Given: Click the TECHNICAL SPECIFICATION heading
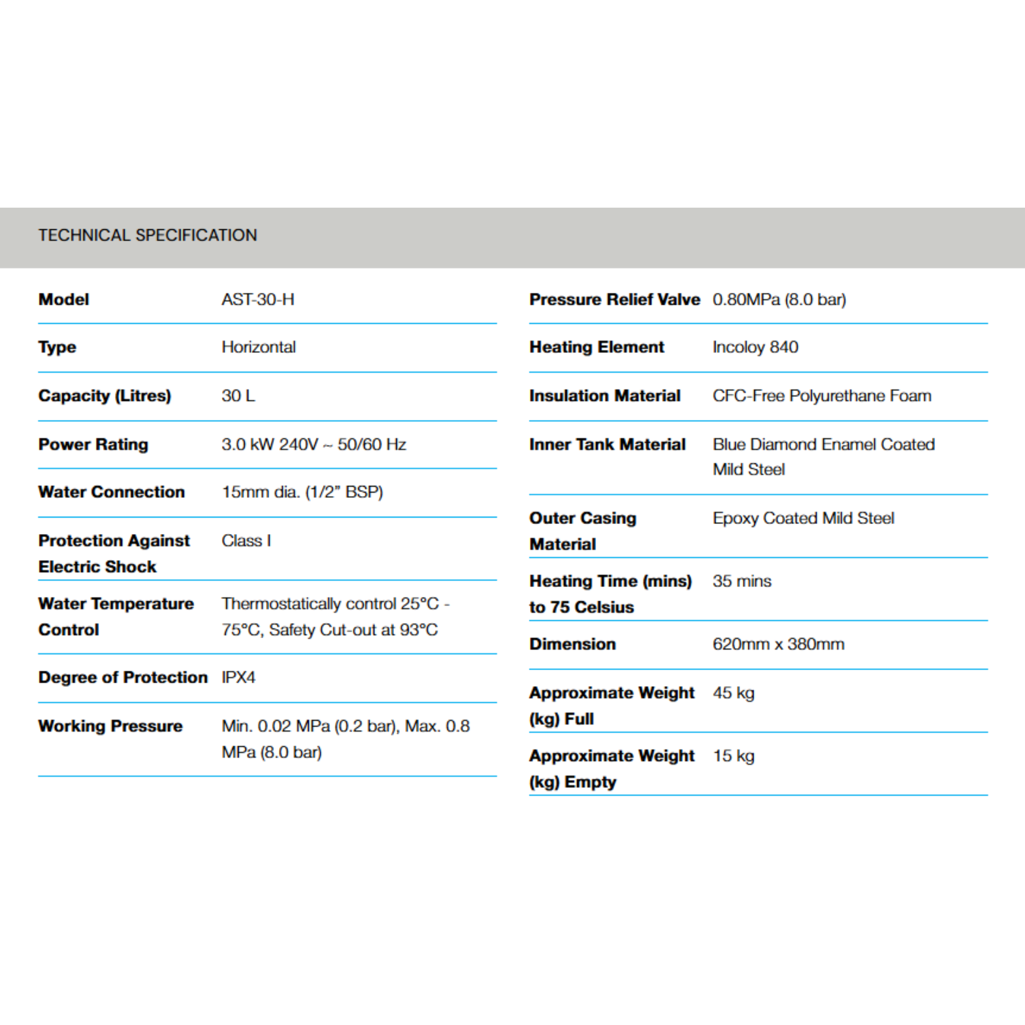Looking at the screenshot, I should (148, 235).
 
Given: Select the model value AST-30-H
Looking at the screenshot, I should (258, 300).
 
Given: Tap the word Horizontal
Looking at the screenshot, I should (258, 347).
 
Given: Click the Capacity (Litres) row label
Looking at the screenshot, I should (105, 396).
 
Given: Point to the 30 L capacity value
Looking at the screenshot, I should (238, 396).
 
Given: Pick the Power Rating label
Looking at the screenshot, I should (94, 444).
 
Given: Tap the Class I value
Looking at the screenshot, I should (246, 541).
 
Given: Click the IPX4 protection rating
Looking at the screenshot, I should (238, 678).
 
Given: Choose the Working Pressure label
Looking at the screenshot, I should (110, 726).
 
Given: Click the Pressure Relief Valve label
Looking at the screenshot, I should (615, 300).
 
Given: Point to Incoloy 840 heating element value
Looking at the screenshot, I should (755, 347).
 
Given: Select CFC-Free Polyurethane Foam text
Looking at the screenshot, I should (822, 396).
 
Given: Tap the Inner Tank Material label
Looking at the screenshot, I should (608, 444).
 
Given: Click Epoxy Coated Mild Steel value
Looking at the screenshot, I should (803, 519).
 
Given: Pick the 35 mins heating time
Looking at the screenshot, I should (742, 581).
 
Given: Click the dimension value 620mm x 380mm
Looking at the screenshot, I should (778, 644).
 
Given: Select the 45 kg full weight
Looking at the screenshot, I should (733, 693).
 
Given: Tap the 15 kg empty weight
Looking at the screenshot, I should (733, 756).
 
